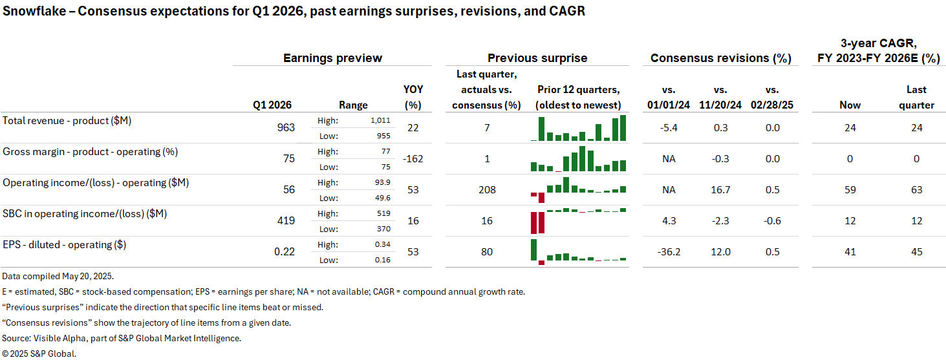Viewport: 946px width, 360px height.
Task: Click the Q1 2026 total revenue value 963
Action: point(285,128)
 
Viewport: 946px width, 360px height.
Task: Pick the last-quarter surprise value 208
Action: point(487,190)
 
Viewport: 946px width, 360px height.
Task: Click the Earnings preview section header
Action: point(332,58)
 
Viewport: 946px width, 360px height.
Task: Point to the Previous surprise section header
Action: point(537,58)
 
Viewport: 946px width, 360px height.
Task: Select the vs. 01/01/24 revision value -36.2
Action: point(668,252)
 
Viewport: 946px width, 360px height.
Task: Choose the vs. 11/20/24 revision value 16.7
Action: point(720,190)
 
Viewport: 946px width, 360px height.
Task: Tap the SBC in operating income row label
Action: point(85,214)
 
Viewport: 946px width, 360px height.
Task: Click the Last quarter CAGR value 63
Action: point(916,190)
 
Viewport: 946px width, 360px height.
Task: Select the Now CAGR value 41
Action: point(850,252)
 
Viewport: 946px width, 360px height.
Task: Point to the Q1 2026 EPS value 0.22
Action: point(285,252)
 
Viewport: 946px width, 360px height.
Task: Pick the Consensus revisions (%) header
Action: point(720,58)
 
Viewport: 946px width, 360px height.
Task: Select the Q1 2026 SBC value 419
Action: point(285,221)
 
